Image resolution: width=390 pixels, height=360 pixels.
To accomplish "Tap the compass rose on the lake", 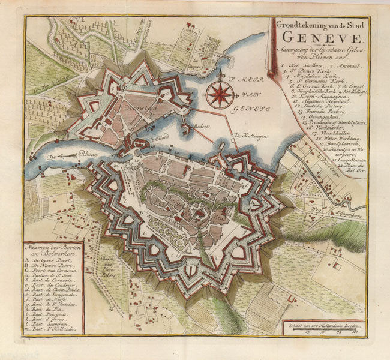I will (220, 94).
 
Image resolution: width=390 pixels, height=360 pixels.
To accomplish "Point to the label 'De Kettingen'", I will (248, 135).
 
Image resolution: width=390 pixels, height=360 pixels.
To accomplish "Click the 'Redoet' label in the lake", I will (203, 127).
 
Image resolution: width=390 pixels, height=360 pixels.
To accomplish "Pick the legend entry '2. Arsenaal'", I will (341, 64).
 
